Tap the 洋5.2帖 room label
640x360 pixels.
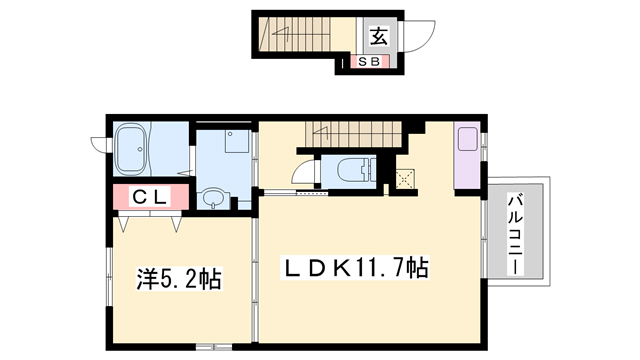click(179, 279)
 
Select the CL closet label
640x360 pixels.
click(149, 197)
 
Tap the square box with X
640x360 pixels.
click(406, 179)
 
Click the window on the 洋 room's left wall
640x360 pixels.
click(104, 280)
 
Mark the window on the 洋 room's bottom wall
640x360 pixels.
click(211, 345)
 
